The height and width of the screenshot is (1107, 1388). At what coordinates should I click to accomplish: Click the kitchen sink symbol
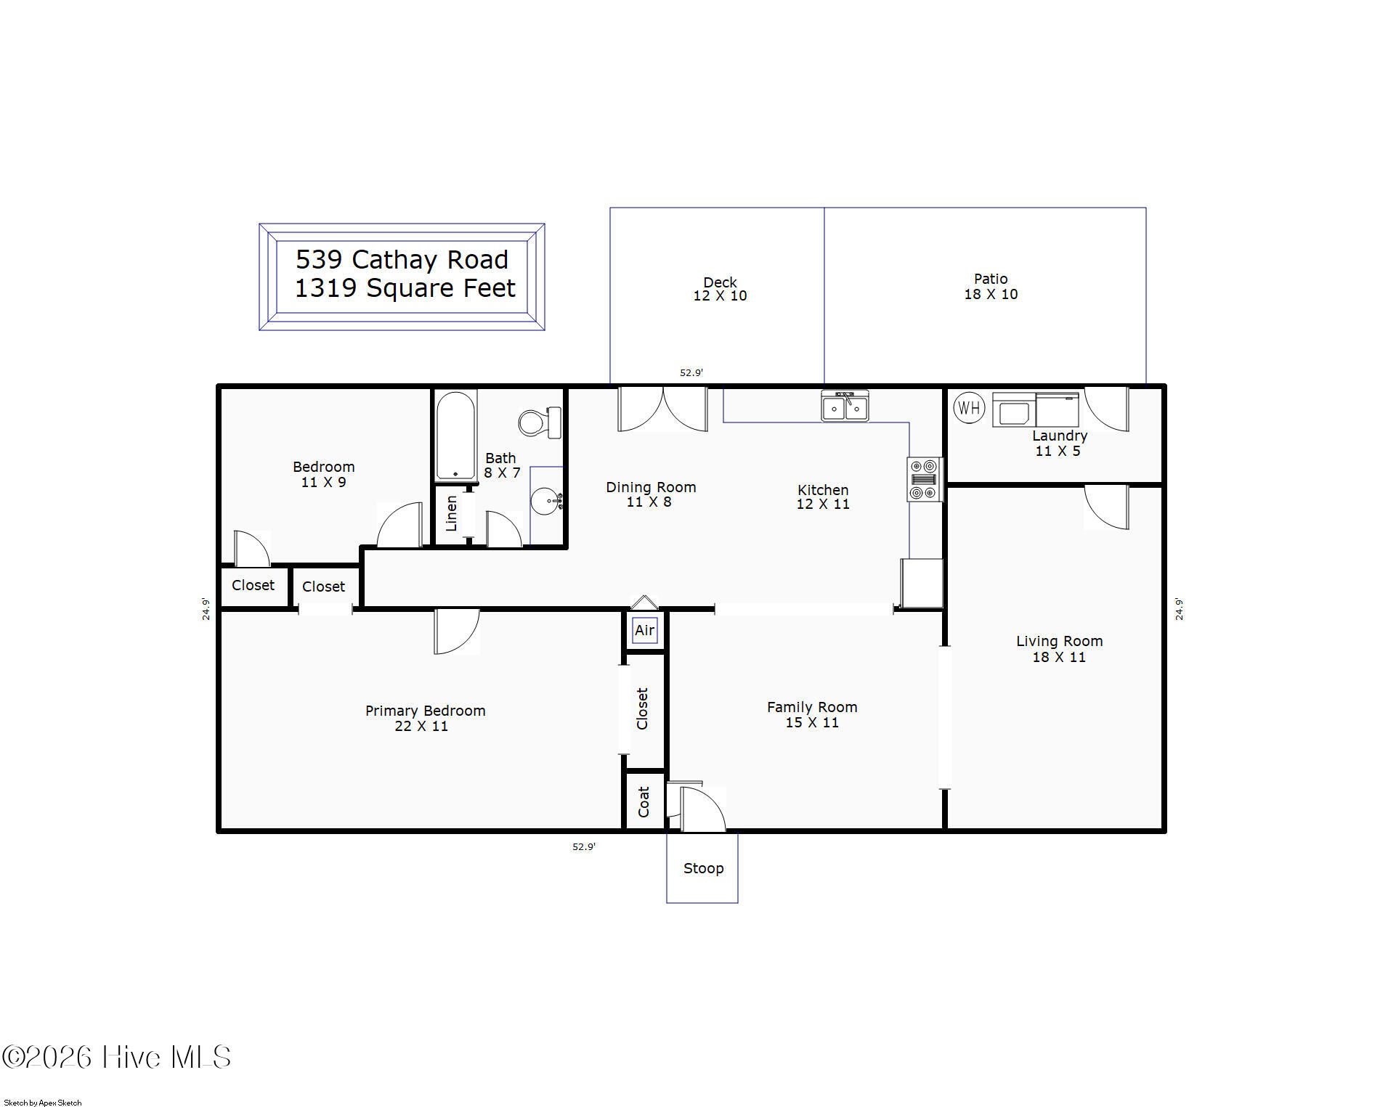(845, 406)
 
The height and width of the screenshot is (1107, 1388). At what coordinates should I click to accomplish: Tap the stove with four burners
(924, 479)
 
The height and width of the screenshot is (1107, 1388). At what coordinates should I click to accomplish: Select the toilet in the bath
(540, 422)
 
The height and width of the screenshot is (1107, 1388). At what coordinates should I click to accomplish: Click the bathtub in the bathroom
(455, 436)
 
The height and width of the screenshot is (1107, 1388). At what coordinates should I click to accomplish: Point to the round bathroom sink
(545, 501)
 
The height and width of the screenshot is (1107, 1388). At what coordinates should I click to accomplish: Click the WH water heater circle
(968, 407)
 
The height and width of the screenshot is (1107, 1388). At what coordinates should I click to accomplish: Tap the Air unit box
(644, 630)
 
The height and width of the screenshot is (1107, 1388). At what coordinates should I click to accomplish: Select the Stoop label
(703, 868)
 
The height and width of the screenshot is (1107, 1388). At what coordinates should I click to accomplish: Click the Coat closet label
(644, 801)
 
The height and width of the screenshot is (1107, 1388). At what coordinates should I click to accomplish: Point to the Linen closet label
(451, 513)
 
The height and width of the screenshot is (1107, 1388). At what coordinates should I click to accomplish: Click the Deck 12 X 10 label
(720, 289)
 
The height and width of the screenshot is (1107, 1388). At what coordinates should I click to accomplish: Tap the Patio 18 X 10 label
(991, 287)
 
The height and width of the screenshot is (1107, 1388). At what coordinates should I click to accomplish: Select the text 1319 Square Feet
(405, 288)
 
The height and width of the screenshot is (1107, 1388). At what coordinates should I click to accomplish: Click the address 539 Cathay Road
(402, 259)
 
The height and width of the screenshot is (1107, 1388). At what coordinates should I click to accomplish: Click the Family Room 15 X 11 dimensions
(812, 723)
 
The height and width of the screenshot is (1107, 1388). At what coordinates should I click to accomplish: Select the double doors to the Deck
(662, 410)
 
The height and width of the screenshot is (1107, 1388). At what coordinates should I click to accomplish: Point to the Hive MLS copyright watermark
(116, 1057)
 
